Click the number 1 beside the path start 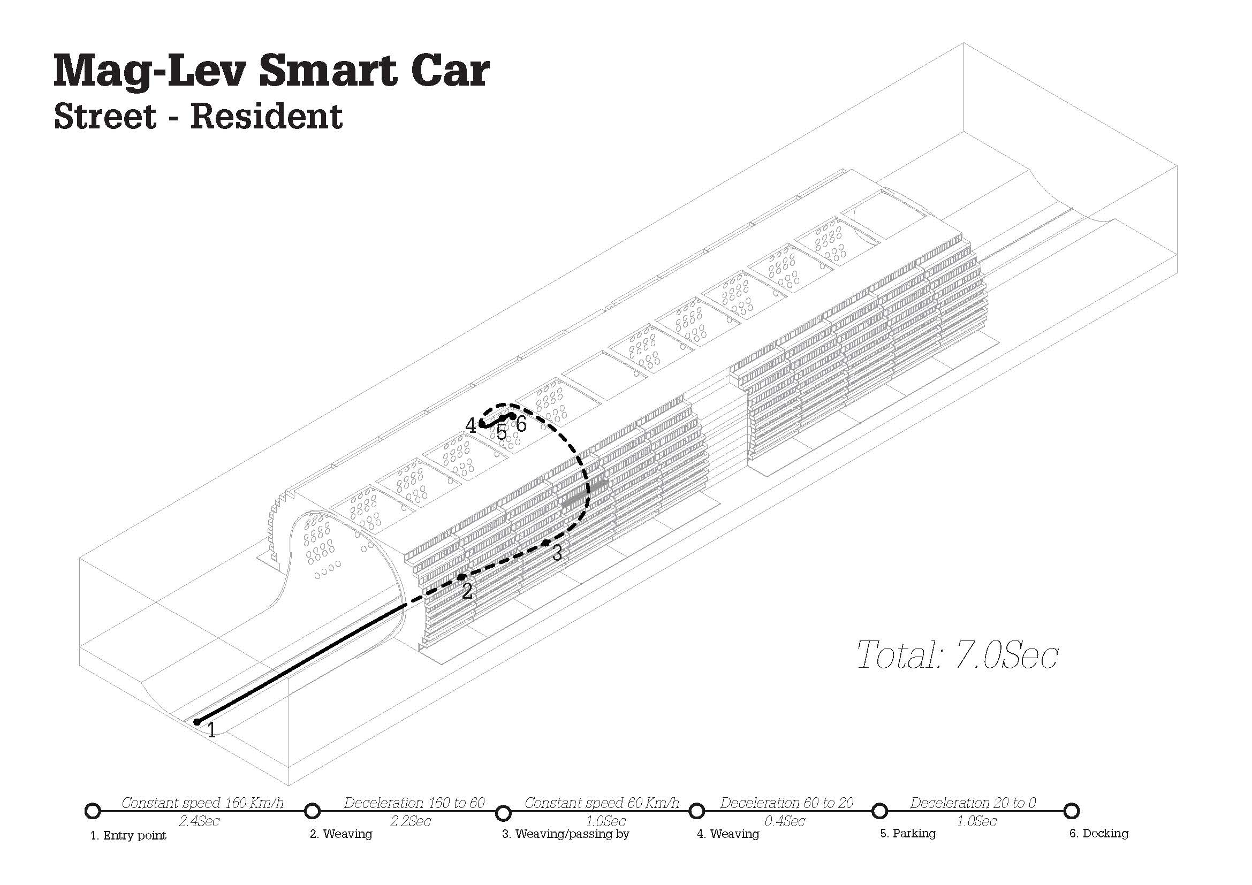[211, 730]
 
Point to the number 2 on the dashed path [467, 591]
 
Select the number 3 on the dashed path [557, 553]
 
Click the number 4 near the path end [471, 425]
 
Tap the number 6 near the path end [521, 424]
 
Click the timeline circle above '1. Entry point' [93, 811]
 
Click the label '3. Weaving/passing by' [565, 834]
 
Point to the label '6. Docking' [1099, 833]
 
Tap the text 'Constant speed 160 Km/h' [202, 803]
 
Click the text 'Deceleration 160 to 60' [414, 803]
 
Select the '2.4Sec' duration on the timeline [199, 821]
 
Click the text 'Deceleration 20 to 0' [973, 803]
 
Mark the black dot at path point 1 [197, 721]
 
